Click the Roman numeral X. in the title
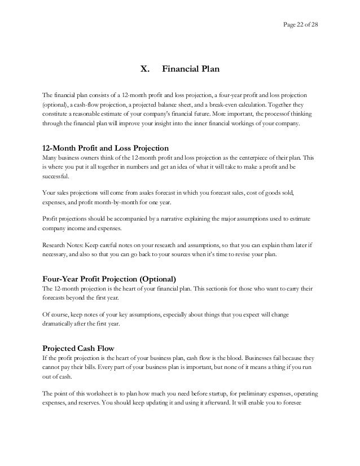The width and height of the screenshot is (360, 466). tap(145, 71)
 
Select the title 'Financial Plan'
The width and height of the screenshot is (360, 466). tap(191, 71)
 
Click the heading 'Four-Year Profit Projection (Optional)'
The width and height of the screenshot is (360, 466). tap(109, 279)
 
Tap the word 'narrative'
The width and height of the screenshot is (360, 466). tap(157, 218)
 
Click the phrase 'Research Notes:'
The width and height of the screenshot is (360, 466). tap(62, 245)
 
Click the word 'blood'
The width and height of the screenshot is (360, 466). tap(239, 358)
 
